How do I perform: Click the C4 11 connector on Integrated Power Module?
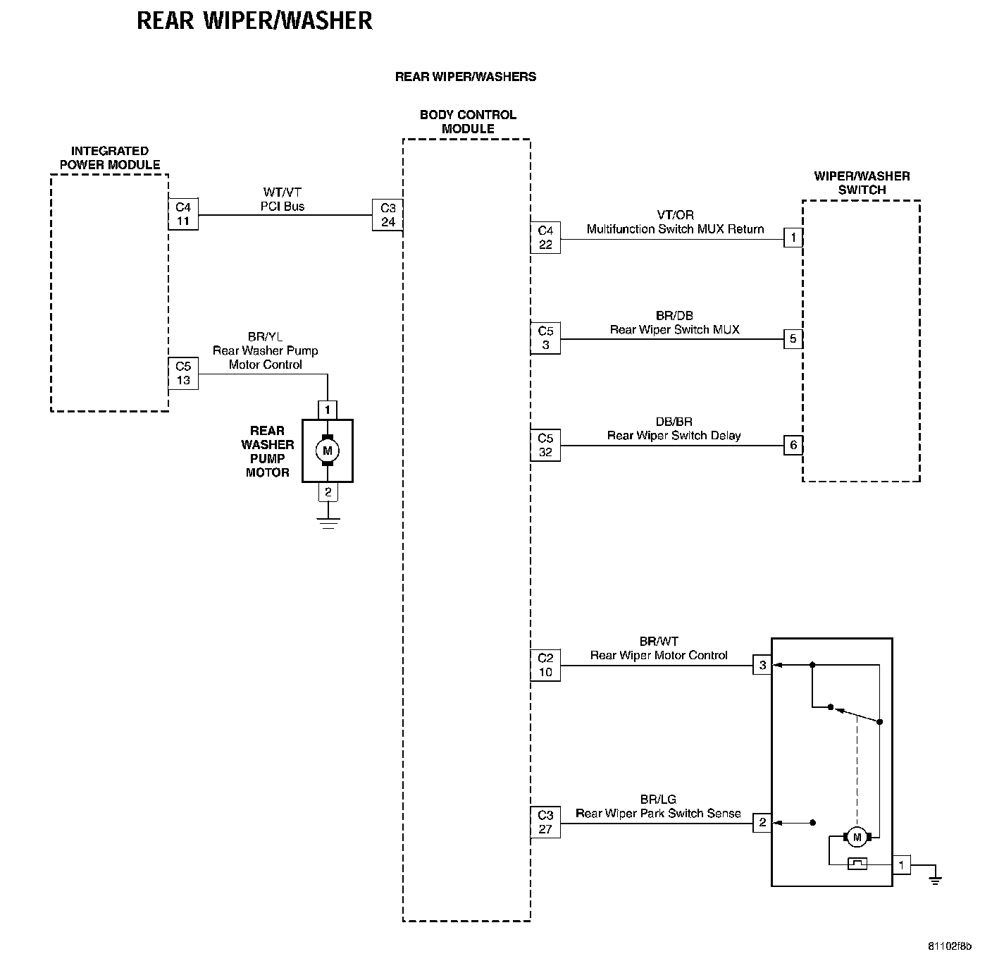coord(183,214)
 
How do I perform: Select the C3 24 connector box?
coord(387,215)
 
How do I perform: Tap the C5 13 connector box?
coord(183,374)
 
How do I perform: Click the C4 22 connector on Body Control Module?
coord(545,238)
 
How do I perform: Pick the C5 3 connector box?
coord(545,338)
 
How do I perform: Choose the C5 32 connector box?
coord(545,446)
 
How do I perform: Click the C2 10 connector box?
coord(545,666)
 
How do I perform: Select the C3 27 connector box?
coord(545,823)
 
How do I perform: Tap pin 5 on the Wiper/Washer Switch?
coord(793,339)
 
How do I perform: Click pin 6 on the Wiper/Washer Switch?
coord(793,446)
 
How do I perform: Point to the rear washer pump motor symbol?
coord(327,451)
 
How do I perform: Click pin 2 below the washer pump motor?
coord(328,492)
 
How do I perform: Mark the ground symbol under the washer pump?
coord(328,522)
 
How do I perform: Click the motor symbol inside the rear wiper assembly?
coord(857,838)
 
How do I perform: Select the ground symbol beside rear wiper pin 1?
coord(935,879)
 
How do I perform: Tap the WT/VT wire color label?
coord(282,192)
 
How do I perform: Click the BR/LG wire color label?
coord(658,800)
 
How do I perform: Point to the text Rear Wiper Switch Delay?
coord(674,436)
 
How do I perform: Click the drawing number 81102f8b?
coord(949,946)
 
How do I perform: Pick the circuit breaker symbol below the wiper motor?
coord(857,864)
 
